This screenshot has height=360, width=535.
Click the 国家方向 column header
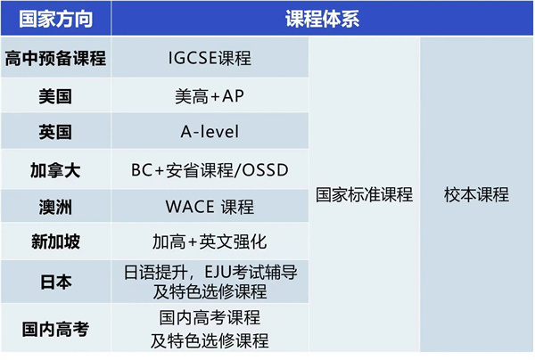[x=55, y=19]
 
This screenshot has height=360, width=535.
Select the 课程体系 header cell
[x=322, y=19]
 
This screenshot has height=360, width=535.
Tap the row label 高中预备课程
[x=55, y=60]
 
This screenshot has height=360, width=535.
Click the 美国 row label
[x=55, y=96]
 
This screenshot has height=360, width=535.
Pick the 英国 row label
[x=55, y=133]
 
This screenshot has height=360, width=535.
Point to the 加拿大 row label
[x=55, y=169]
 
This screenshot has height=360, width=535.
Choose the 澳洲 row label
[x=55, y=206]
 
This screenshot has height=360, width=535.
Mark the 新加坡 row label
[x=55, y=242]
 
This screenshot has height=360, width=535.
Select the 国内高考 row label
[x=55, y=329]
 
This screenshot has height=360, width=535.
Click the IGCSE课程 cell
[x=210, y=60]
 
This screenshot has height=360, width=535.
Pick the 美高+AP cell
[x=210, y=96]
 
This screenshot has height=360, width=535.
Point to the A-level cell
[x=210, y=133]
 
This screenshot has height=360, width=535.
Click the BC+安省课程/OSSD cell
[x=210, y=169]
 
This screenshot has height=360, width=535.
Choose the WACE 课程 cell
[x=210, y=206]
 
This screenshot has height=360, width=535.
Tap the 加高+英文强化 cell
[x=210, y=242]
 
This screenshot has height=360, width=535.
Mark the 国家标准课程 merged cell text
[x=364, y=195]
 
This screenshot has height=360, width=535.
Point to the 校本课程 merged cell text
[x=476, y=195]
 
